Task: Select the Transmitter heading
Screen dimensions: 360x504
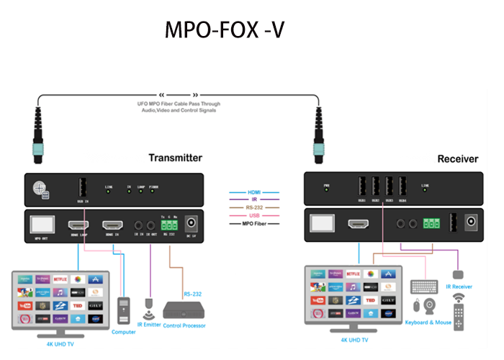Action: (175, 158)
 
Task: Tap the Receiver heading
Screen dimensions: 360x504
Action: (457, 158)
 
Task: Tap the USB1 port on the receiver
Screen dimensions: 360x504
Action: (361, 184)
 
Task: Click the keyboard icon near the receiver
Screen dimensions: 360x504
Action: (421, 286)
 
